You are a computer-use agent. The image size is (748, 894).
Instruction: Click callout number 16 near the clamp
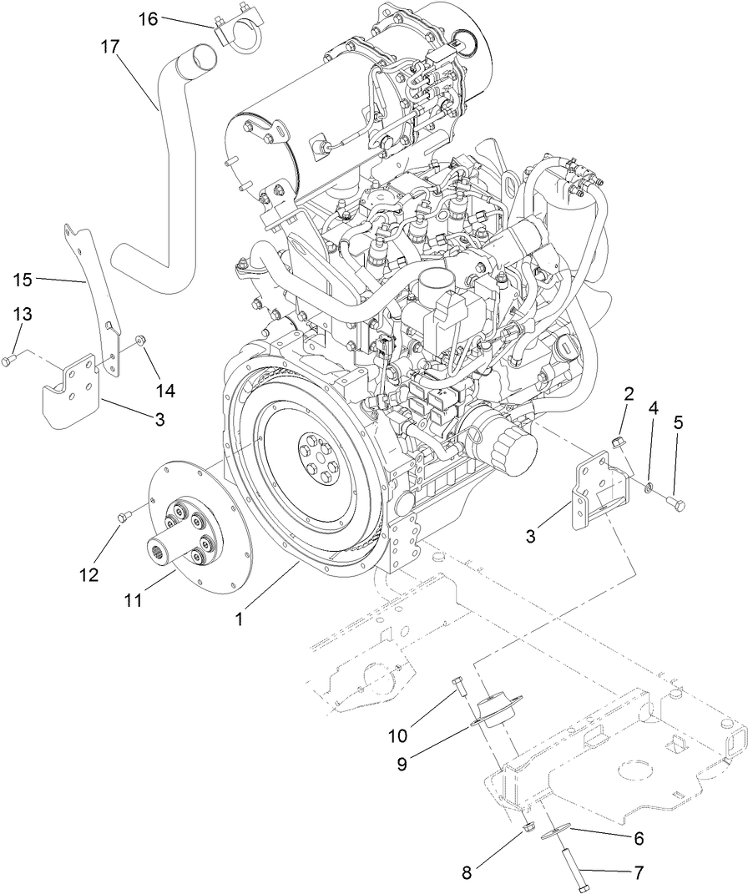147,18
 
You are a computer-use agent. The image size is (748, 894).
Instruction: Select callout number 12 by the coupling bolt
89,575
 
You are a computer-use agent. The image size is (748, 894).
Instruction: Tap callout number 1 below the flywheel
240,620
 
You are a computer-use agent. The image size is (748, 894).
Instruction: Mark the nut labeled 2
619,439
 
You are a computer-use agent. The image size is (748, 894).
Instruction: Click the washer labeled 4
649,484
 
